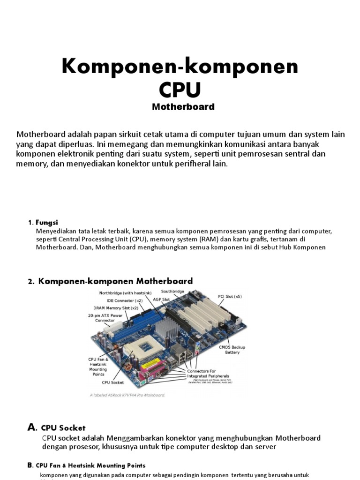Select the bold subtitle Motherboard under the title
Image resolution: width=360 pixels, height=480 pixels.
point(183,107)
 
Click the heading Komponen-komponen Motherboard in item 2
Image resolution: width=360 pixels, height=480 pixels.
point(115,281)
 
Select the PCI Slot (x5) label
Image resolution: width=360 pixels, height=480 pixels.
point(230,296)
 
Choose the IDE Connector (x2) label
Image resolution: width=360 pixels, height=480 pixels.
point(124,300)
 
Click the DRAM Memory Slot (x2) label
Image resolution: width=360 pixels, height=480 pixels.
point(115,307)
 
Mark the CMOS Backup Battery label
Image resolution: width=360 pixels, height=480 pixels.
point(232,350)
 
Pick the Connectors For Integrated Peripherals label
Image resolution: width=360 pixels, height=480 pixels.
point(208,374)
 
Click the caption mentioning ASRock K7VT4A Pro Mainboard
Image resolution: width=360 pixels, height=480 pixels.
point(127,395)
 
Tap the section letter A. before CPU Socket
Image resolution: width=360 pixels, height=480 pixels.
point(32,427)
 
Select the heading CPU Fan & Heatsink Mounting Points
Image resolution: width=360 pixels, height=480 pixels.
point(90,465)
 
